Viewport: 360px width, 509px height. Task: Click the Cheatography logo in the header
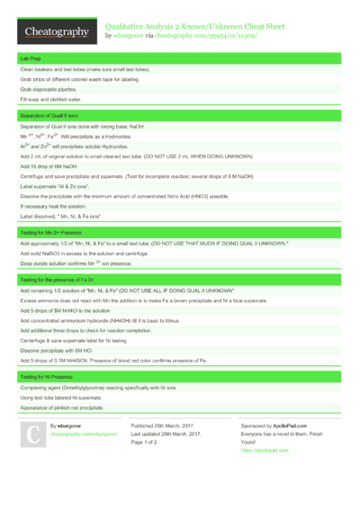coord(55,31)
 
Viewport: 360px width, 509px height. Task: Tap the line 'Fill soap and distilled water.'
coord(50,99)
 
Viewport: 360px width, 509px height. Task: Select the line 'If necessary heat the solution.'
coord(52,207)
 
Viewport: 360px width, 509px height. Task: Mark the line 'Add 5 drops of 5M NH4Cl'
coord(59,309)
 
